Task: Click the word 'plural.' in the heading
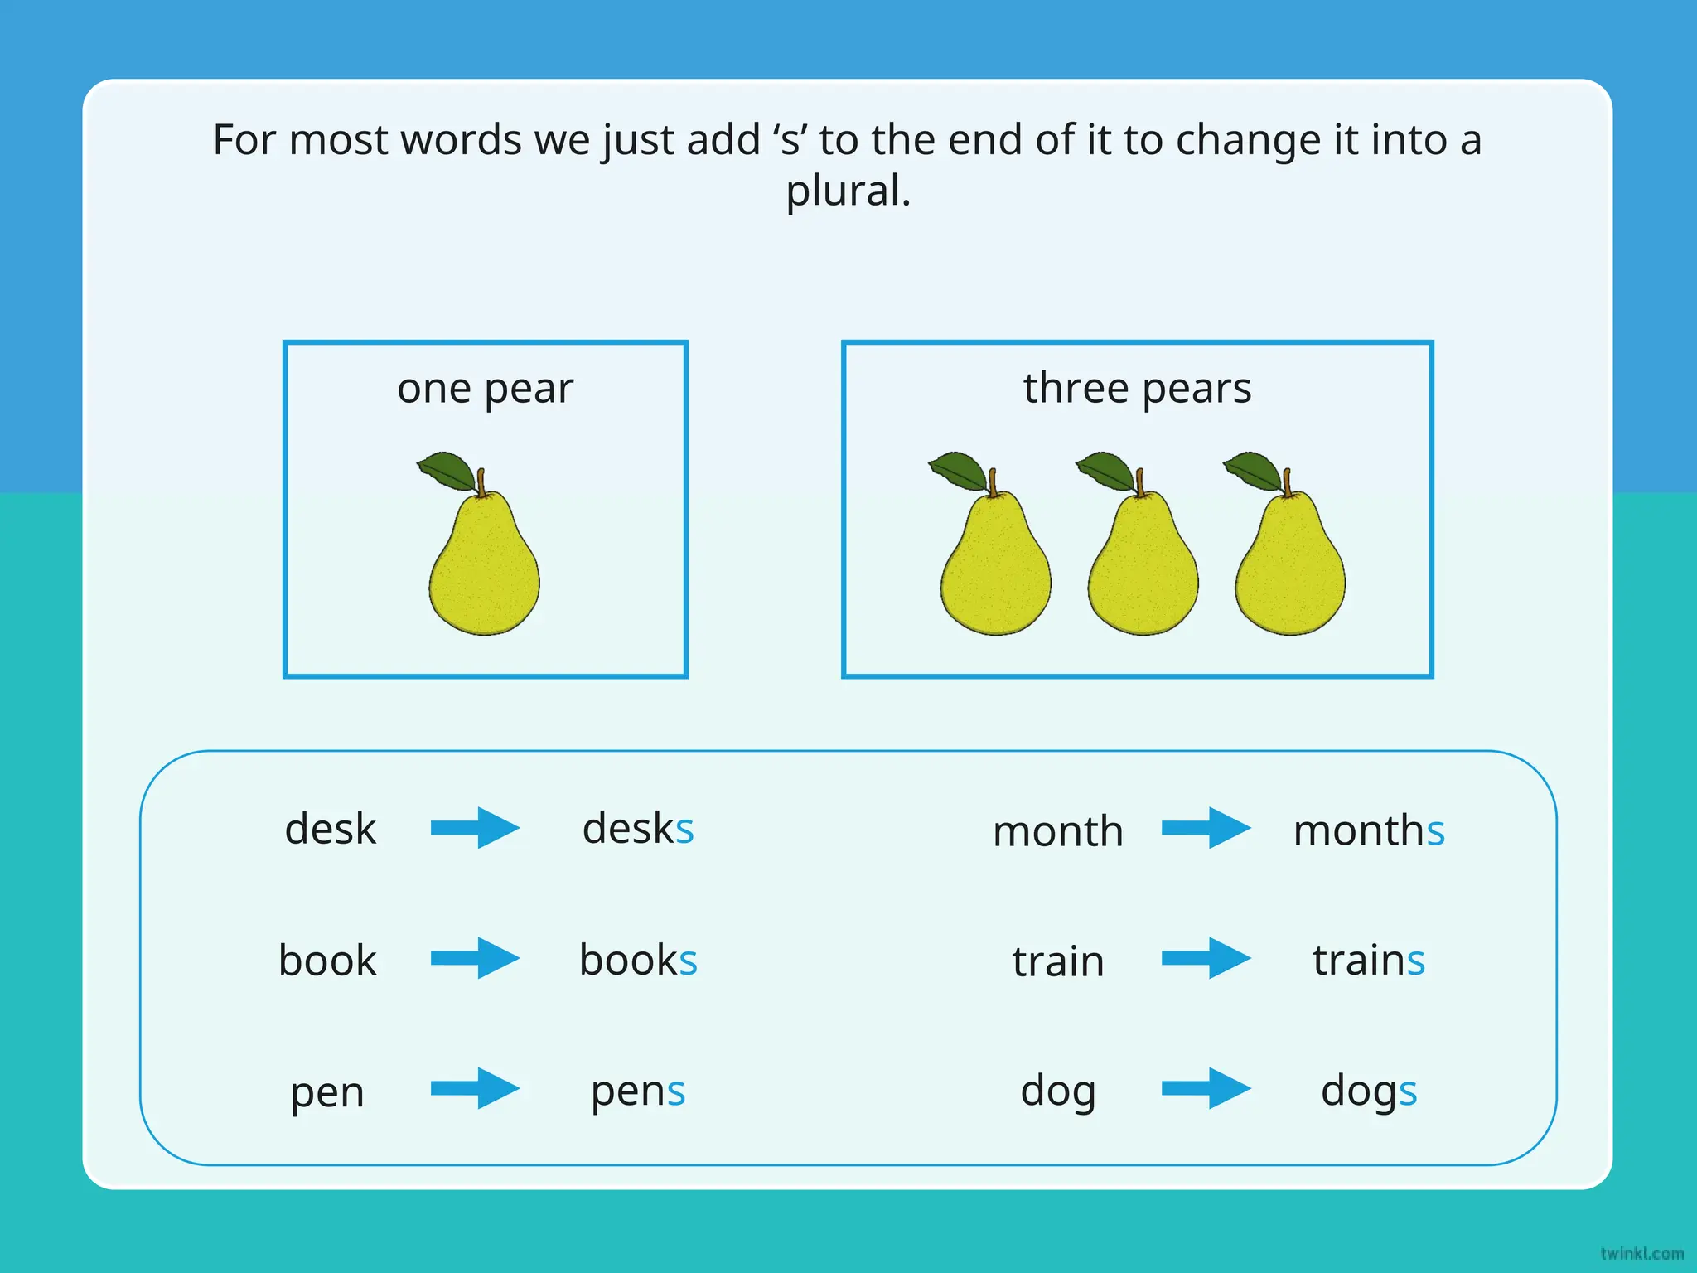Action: (x=848, y=191)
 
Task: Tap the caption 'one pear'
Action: (x=485, y=389)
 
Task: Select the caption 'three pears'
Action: (x=1137, y=388)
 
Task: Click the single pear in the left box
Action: (x=484, y=564)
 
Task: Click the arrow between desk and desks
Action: (x=475, y=828)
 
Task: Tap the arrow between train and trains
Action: (x=1206, y=959)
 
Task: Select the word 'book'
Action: (x=327, y=961)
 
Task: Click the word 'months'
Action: (x=1369, y=830)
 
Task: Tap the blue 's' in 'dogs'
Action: (x=1408, y=1092)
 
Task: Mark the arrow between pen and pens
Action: (x=475, y=1088)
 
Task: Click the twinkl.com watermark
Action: (x=1641, y=1254)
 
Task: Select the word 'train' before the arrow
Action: (x=1058, y=961)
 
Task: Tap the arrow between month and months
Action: (x=1206, y=828)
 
